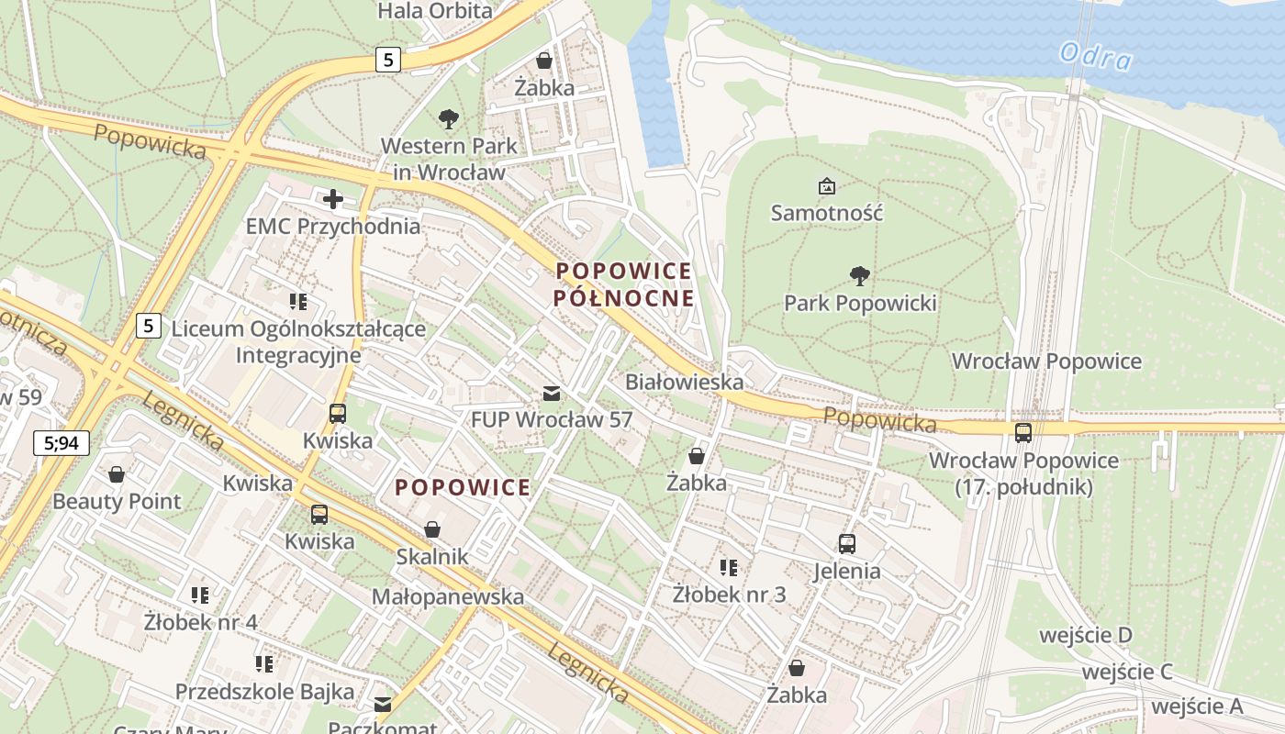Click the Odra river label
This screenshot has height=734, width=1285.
(x=1095, y=57)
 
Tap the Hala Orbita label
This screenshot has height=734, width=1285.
(x=435, y=11)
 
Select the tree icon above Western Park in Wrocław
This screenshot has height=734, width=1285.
(x=449, y=118)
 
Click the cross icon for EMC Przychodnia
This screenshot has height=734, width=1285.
(x=332, y=198)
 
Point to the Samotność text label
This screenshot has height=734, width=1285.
(x=826, y=213)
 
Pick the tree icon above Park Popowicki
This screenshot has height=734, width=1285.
(x=859, y=275)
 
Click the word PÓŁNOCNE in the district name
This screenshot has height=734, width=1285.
(x=623, y=298)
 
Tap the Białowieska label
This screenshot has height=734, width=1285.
(x=684, y=381)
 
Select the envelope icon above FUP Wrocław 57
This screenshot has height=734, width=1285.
(x=551, y=394)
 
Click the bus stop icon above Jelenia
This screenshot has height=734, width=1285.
(x=846, y=544)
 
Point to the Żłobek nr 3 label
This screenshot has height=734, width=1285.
(x=729, y=595)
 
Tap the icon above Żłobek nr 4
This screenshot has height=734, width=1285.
(x=199, y=595)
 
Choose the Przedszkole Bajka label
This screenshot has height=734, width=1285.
(x=264, y=692)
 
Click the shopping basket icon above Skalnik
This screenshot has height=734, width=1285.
(x=431, y=529)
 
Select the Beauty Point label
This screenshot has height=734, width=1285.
(x=117, y=502)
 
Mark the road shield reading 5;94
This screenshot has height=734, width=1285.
(x=61, y=443)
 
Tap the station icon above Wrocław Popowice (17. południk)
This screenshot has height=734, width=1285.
(x=1023, y=433)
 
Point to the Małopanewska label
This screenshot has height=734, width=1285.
(x=447, y=596)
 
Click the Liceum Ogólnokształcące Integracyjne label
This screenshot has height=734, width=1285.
(x=297, y=341)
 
